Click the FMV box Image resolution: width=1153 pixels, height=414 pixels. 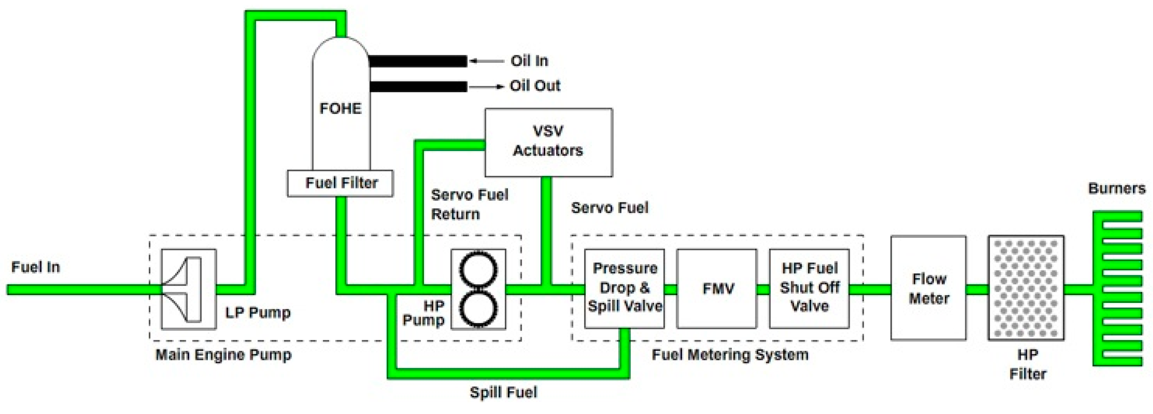click(717, 289)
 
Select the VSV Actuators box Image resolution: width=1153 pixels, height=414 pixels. click(548, 142)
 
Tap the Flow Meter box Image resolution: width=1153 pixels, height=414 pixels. click(928, 288)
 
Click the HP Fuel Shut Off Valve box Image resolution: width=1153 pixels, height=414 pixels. click(809, 289)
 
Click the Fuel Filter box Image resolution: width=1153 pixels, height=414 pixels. click(340, 183)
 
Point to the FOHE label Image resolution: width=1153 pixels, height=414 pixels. click(341, 109)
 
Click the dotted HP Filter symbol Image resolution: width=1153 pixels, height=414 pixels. click(1026, 288)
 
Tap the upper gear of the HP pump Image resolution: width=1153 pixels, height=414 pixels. click(478, 270)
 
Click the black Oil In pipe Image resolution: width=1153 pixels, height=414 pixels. click(418, 61)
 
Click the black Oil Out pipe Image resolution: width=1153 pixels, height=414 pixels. click(418, 86)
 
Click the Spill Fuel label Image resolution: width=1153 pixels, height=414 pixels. click(503, 392)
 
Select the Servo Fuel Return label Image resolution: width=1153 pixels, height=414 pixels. click(469, 205)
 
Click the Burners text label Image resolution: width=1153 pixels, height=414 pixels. click(1117, 188)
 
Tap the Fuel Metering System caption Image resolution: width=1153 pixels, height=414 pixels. click(730, 355)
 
